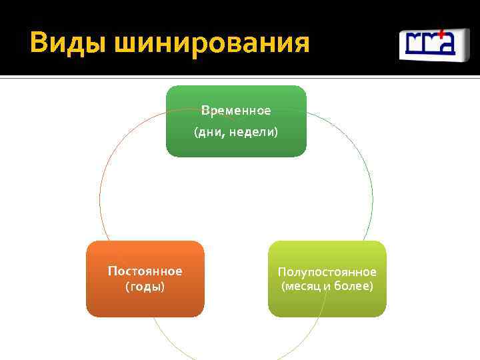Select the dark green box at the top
pos(236,121)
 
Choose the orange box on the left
pos(145,279)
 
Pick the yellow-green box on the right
pos(327,279)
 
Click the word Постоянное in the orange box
pos(145,271)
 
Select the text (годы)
pos(145,287)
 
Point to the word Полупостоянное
pos(327,272)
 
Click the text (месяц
pos(301,287)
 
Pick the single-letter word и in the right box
pos(327,287)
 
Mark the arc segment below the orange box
pos(167,340)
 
